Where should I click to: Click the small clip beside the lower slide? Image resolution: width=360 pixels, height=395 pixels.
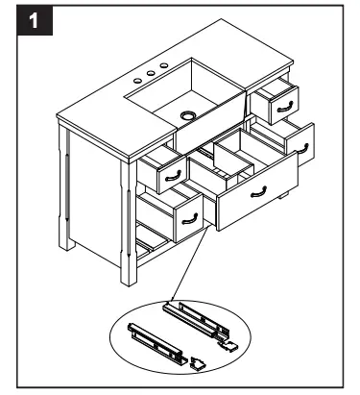click(x=197, y=364)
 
